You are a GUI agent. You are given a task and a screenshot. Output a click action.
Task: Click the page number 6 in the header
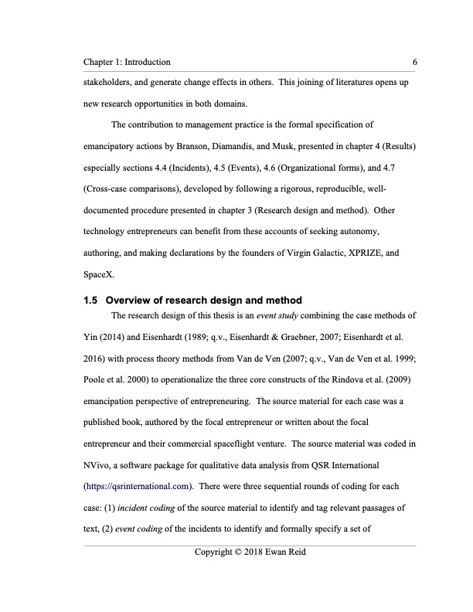pyautogui.click(x=415, y=62)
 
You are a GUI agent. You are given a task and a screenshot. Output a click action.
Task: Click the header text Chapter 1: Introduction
pyautogui.click(x=128, y=62)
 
